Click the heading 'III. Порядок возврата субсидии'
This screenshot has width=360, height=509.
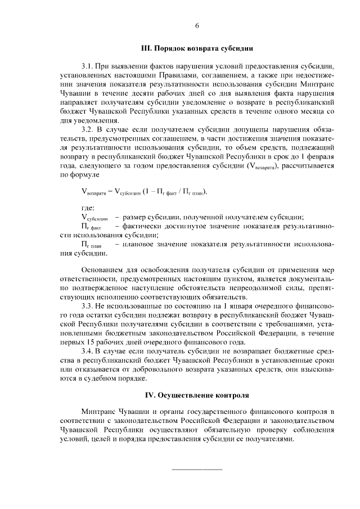(x=197, y=48)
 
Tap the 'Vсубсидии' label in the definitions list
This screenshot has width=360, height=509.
(x=94, y=218)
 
